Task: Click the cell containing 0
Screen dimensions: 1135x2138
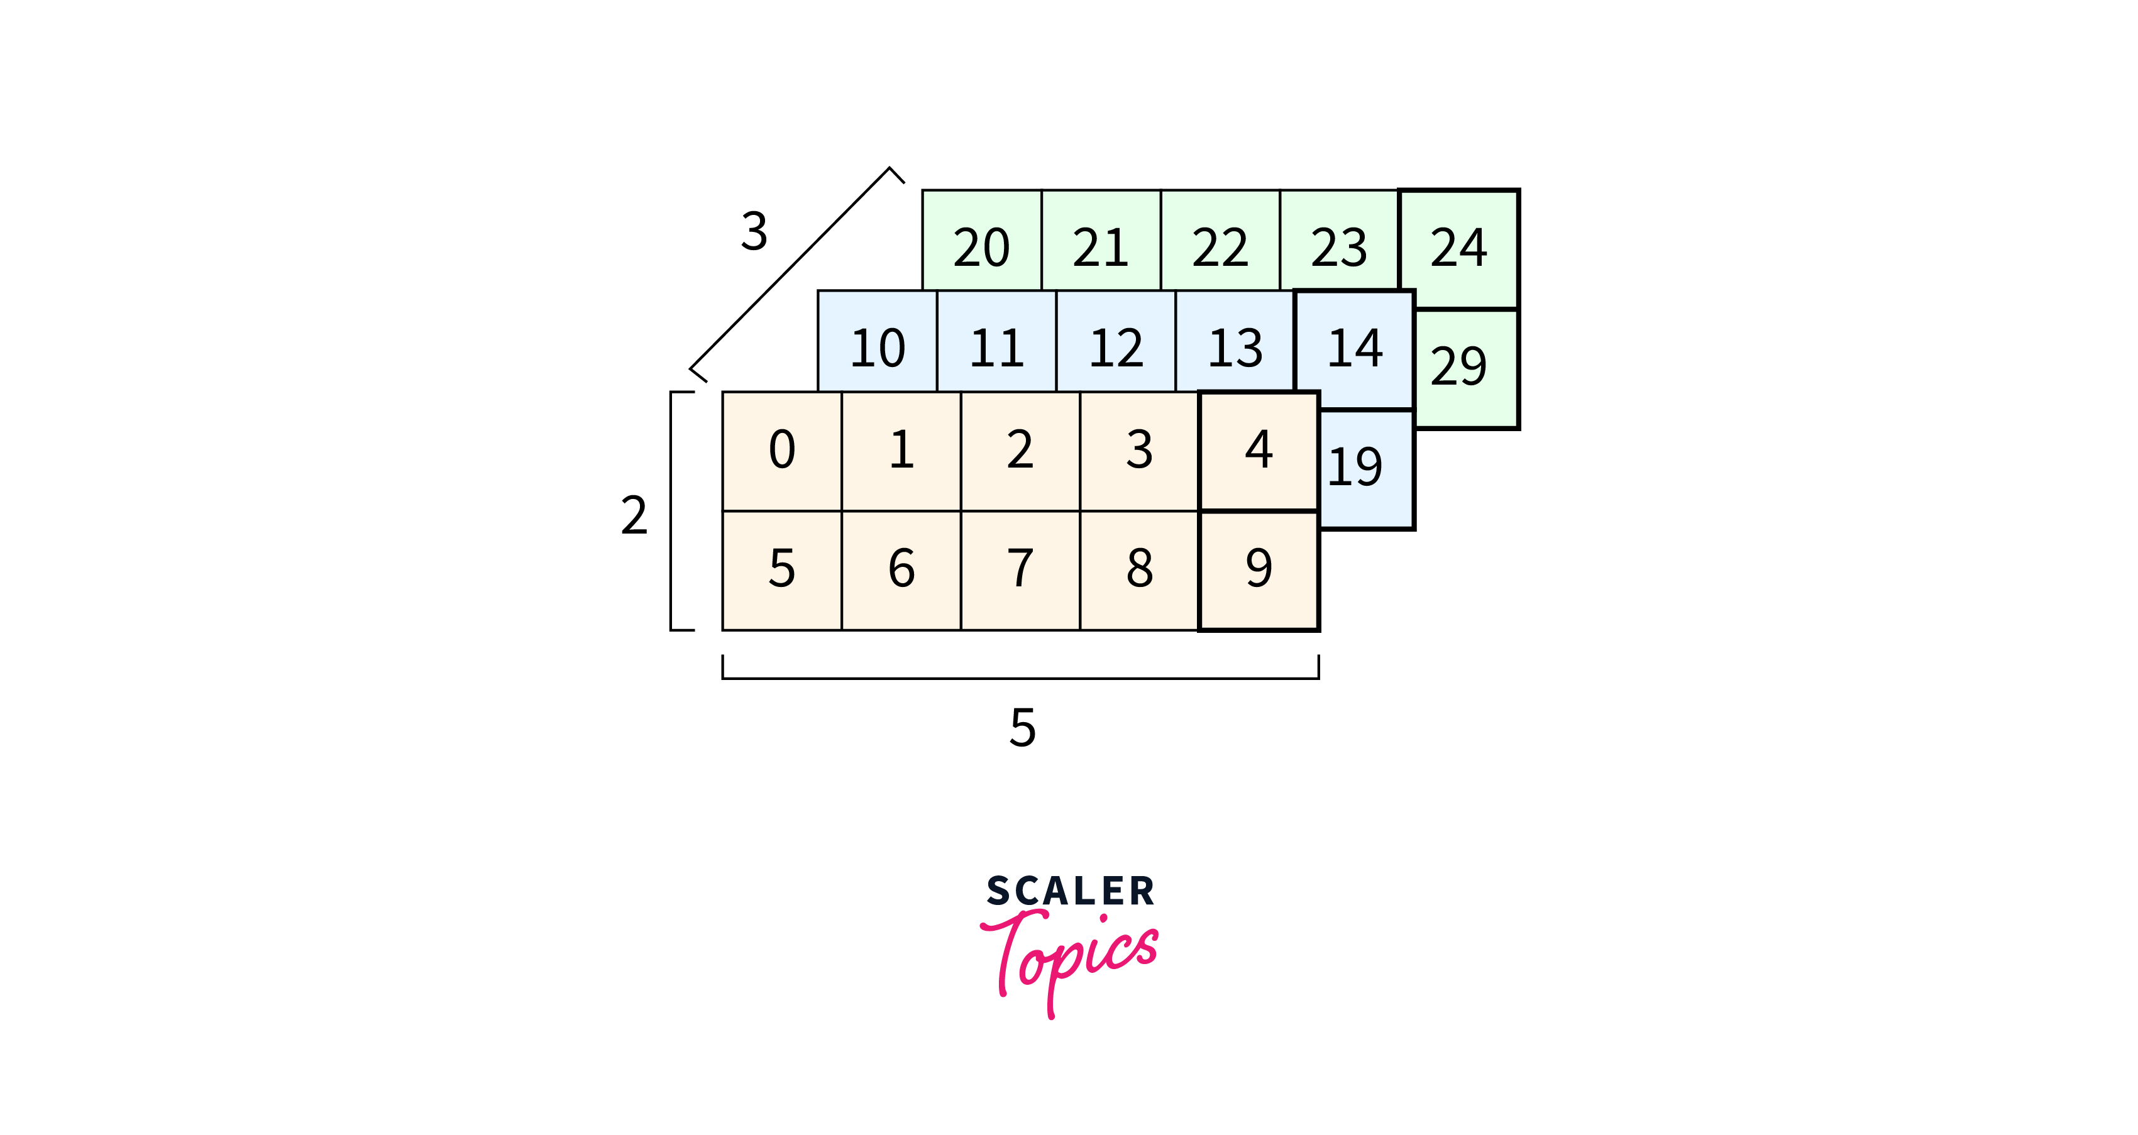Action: (782, 451)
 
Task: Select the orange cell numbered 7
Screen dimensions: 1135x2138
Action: (1020, 570)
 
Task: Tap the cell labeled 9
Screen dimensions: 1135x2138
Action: (1259, 570)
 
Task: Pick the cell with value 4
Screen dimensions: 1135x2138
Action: (1259, 451)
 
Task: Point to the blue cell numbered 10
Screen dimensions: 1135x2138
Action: (878, 347)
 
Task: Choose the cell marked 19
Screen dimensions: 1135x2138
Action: (1361, 467)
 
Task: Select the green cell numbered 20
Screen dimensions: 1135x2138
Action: (981, 246)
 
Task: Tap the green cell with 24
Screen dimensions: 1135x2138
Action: (1458, 246)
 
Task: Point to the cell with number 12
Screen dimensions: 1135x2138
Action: (1115, 347)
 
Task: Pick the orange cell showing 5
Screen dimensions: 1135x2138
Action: (782, 570)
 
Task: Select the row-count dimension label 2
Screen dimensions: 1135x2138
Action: (634, 515)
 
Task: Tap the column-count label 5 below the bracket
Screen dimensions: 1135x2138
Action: (1023, 728)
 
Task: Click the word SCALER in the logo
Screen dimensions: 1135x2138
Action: (1070, 891)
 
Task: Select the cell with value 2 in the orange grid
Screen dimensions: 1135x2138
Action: (1020, 451)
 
